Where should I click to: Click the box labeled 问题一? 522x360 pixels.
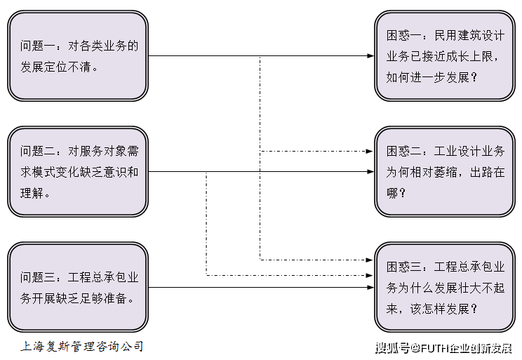(78, 56)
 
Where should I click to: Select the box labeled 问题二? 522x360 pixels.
(78, 172)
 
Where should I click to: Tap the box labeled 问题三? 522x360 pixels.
(78, 288)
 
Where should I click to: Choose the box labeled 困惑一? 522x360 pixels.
(445, 56)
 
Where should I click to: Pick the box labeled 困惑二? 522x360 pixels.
(445, 172)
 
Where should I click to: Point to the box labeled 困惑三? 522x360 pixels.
(445, 288)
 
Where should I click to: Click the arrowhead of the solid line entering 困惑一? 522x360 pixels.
(370, 56)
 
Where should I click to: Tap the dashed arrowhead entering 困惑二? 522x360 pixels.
(370, 152)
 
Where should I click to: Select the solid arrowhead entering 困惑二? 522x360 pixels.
(370, 172)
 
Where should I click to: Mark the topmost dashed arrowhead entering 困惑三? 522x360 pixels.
(370, 260)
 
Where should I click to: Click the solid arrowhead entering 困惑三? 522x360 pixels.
(370, 288)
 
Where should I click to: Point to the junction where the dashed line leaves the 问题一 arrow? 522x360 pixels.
(260, 56)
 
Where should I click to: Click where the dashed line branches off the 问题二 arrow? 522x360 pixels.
(206, 172)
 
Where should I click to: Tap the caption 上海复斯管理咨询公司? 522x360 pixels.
(82, 347)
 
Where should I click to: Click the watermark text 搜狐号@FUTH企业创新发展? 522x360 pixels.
(443, 348)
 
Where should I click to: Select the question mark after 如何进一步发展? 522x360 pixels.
(474, 78)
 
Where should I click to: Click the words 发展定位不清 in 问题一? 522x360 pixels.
(55, 67)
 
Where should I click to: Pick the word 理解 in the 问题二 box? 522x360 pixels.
(32, 193)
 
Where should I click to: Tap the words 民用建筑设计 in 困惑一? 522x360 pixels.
(469, 36)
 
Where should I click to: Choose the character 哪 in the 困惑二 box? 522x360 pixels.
(392, 193)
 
